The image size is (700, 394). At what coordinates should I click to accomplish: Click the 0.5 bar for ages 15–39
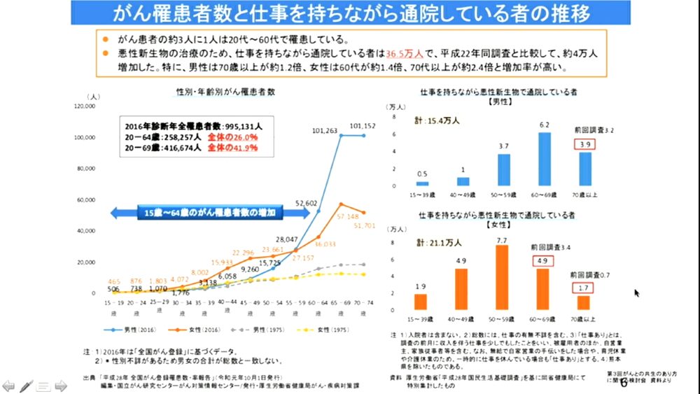pos(421,183)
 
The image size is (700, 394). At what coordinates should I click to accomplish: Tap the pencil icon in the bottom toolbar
pos(27,384)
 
